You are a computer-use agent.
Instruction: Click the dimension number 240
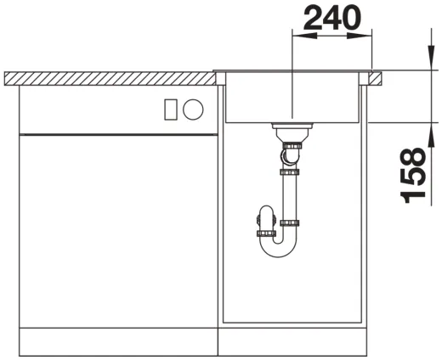tap(332, 18)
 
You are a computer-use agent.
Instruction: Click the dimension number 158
tap(413, 176)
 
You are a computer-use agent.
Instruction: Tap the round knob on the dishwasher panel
tap(193, 110)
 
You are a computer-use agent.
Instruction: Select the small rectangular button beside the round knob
tap(171, 110)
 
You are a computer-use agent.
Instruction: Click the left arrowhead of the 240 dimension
tap(304, 36)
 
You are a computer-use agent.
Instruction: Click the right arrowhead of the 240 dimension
tap(360, 36)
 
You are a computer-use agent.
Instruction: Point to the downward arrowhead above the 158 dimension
tap(431, 58)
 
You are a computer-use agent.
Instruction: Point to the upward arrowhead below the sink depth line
tap(431, 135)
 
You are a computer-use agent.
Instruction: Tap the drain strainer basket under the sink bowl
tap(292, 130)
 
